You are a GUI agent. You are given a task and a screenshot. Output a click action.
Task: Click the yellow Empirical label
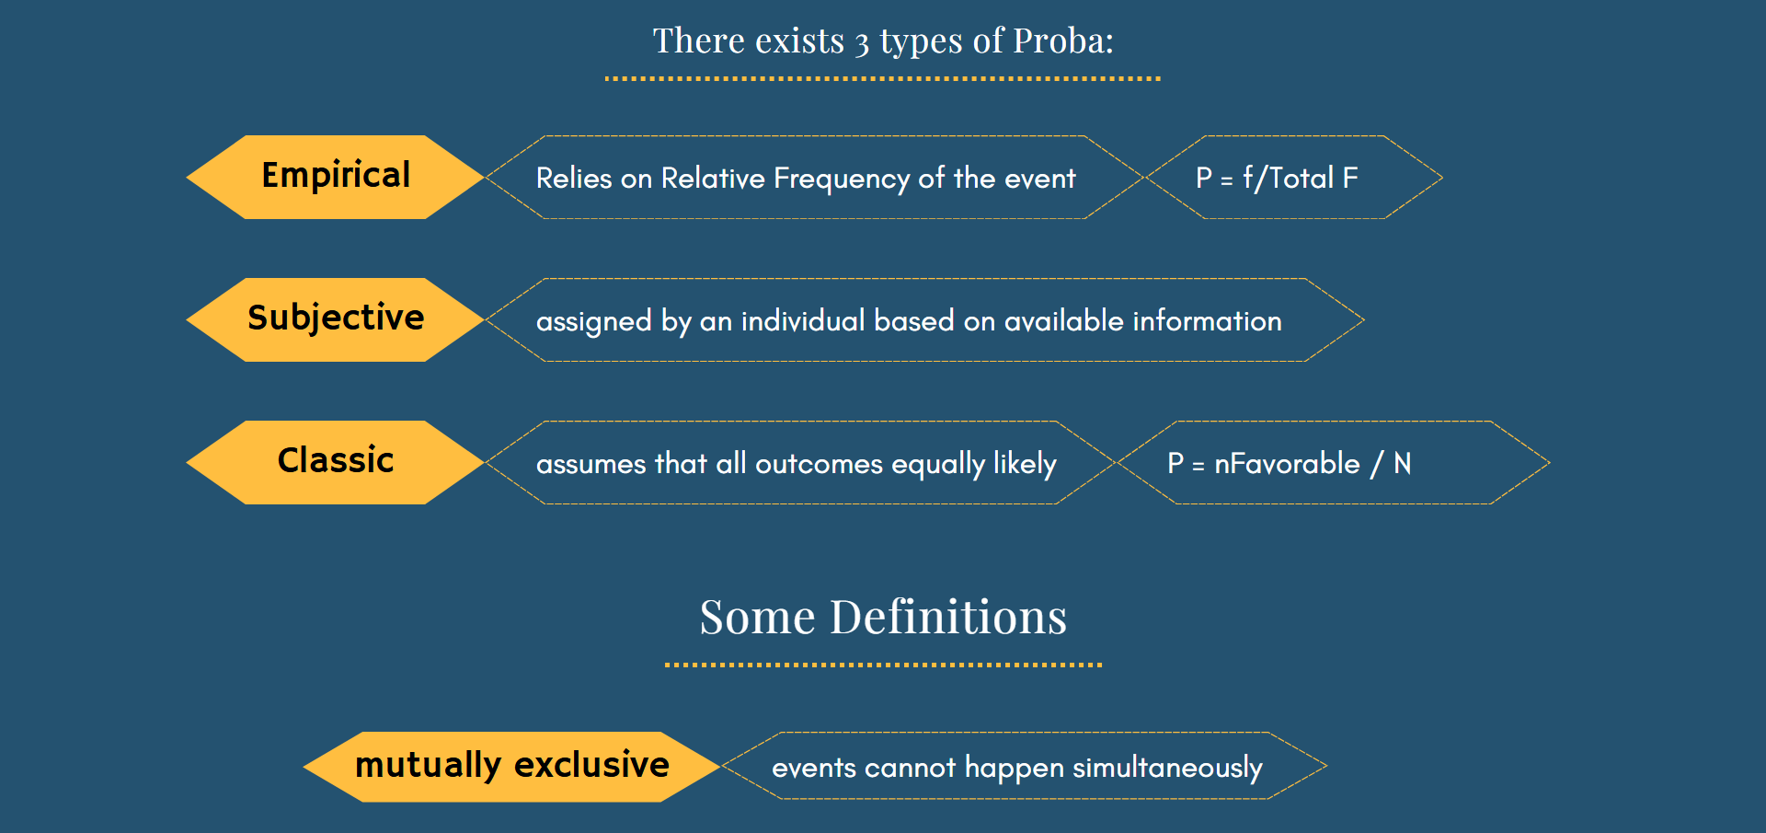click(336, 177)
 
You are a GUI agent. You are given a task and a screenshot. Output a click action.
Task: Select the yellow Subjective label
click(336, 319)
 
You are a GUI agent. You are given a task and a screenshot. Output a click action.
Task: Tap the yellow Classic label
click(336, 462)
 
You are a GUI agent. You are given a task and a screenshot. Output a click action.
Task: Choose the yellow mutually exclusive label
click(511, 767)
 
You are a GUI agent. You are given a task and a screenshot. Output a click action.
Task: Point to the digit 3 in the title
click(862, 43)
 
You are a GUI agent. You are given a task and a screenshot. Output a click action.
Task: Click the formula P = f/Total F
click(1277, 178)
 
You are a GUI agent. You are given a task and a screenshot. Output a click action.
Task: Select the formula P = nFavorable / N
click(1289, 463)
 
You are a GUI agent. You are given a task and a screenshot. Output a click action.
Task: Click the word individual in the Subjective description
click(803, 320)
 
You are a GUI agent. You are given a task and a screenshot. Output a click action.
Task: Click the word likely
click(1025, 464)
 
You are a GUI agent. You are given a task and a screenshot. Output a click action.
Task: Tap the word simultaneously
click(1167, 768)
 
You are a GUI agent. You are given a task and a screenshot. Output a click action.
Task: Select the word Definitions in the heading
click(948, 617)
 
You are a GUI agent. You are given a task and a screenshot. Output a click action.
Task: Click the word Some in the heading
click(758, 617)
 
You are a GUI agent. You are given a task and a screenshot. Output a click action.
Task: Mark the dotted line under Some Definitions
click(883, 665)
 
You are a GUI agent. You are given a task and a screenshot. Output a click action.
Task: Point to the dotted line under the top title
click(883, 79)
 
